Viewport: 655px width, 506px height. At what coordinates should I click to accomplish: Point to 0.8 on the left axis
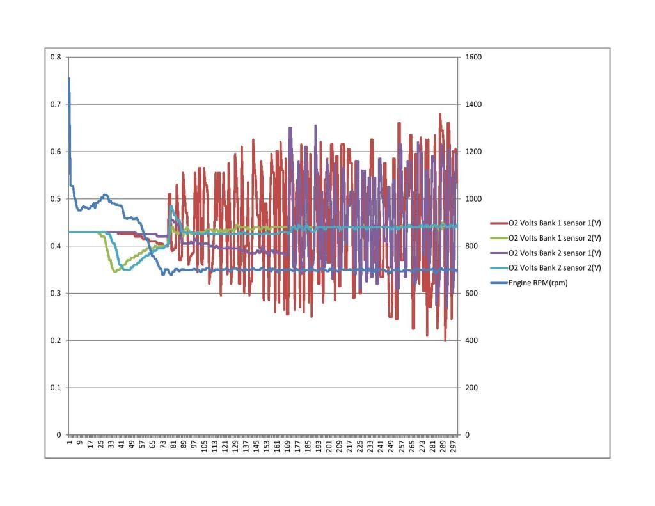pyautogui.click(x=56, y=57)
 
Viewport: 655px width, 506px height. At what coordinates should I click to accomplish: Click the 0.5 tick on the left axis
pyautogui.click(x=56, y=199)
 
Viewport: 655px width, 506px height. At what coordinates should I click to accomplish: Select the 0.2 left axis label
pyautogui.click(x=56, y=340)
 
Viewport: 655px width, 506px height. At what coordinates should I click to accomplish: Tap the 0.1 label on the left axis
pyautogui.click(x=56, y=388)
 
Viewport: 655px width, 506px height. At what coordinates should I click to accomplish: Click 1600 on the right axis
pyautogui.click(x=473, y=57)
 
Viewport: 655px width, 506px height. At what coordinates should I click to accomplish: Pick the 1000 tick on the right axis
pyautogui.click(x=473, y=199)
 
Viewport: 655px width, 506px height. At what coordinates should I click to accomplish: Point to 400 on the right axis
pyautogui.click(x=471, y=340)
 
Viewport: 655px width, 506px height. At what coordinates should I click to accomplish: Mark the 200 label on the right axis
pyautogui.click(x=471, y=388)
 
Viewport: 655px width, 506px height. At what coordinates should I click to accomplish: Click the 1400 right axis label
pyautogui.click(x=473, y=104)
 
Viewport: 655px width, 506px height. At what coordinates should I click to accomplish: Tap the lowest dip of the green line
pyautogui.click(x=114, y=272)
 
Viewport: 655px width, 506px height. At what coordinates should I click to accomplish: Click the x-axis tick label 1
pyautogui.click(x=69, y=442)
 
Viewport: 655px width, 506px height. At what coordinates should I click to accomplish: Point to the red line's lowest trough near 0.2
pyautogui.click(x=445, y=340)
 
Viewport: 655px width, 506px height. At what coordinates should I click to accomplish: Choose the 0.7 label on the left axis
pyautogui.click(x=56, y=104)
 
